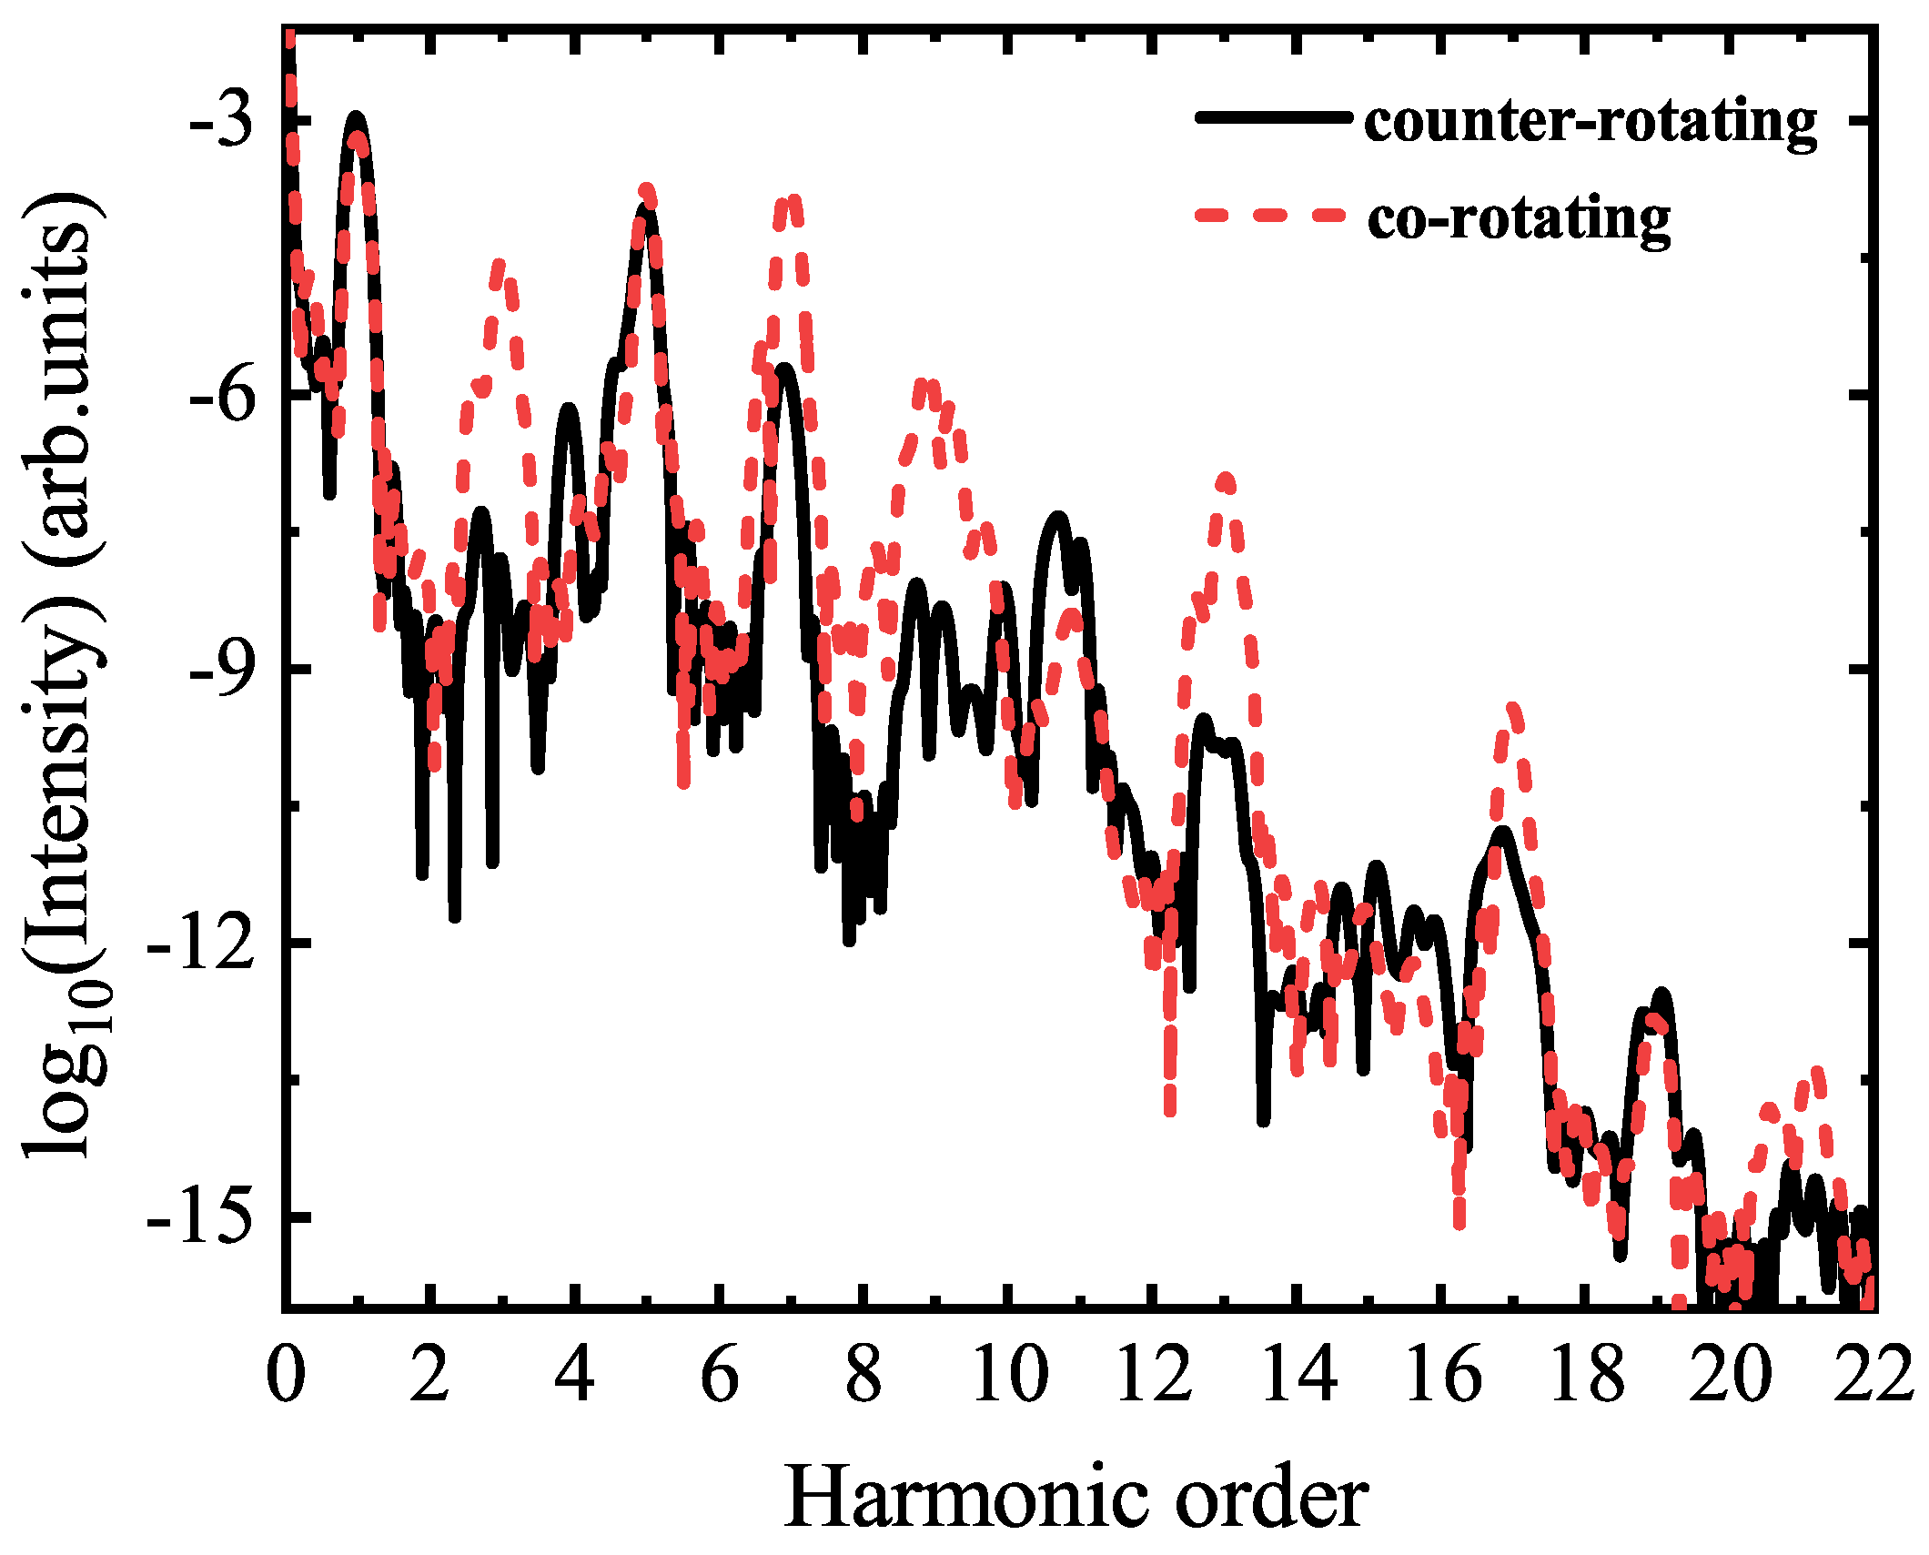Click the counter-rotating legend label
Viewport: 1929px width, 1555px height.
[1590, 121]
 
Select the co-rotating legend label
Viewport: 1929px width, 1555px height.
[1519, 218]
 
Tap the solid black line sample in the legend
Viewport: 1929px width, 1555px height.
[1271, 117]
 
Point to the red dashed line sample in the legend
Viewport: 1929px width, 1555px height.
[1271, 216]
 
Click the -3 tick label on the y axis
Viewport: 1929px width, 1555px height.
[221, 121]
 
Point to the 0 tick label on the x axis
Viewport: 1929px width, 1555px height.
[285, 1377]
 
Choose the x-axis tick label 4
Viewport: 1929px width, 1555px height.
[574, 1377]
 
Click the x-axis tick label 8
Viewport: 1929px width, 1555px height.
[864, 1377]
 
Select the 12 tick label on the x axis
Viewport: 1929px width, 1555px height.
[1153, 1377]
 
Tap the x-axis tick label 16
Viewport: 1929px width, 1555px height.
[1442, 1377]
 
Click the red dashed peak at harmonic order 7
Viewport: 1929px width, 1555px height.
[789, 201]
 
